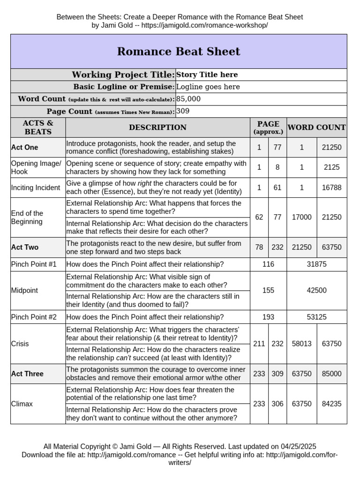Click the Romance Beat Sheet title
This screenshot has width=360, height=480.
[179, 52]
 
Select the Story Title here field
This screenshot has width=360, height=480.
[207, 75]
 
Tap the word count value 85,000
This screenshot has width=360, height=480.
[188, 99]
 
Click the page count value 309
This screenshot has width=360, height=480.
[183, 111]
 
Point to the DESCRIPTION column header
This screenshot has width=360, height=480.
[157, 127]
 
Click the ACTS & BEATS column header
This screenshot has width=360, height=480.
[38, 127]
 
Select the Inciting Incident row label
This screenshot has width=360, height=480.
[36, 187]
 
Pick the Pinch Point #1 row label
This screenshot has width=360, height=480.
[34, 264]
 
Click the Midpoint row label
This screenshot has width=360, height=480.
[24, 290]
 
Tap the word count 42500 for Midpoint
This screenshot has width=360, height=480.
[316, 290]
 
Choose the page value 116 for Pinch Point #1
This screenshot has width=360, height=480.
[268, 264]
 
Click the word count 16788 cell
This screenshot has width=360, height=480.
[332, 187]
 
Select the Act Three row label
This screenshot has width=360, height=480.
[27, 374]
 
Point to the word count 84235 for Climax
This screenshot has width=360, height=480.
[332, 404]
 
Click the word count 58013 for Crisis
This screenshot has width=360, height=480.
[301, 344]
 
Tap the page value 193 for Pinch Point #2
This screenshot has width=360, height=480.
[268, 317]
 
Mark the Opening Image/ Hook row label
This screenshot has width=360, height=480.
[36, 167]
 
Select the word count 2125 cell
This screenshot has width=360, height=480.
[332, 167]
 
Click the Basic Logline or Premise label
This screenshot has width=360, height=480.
[123, 87]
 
